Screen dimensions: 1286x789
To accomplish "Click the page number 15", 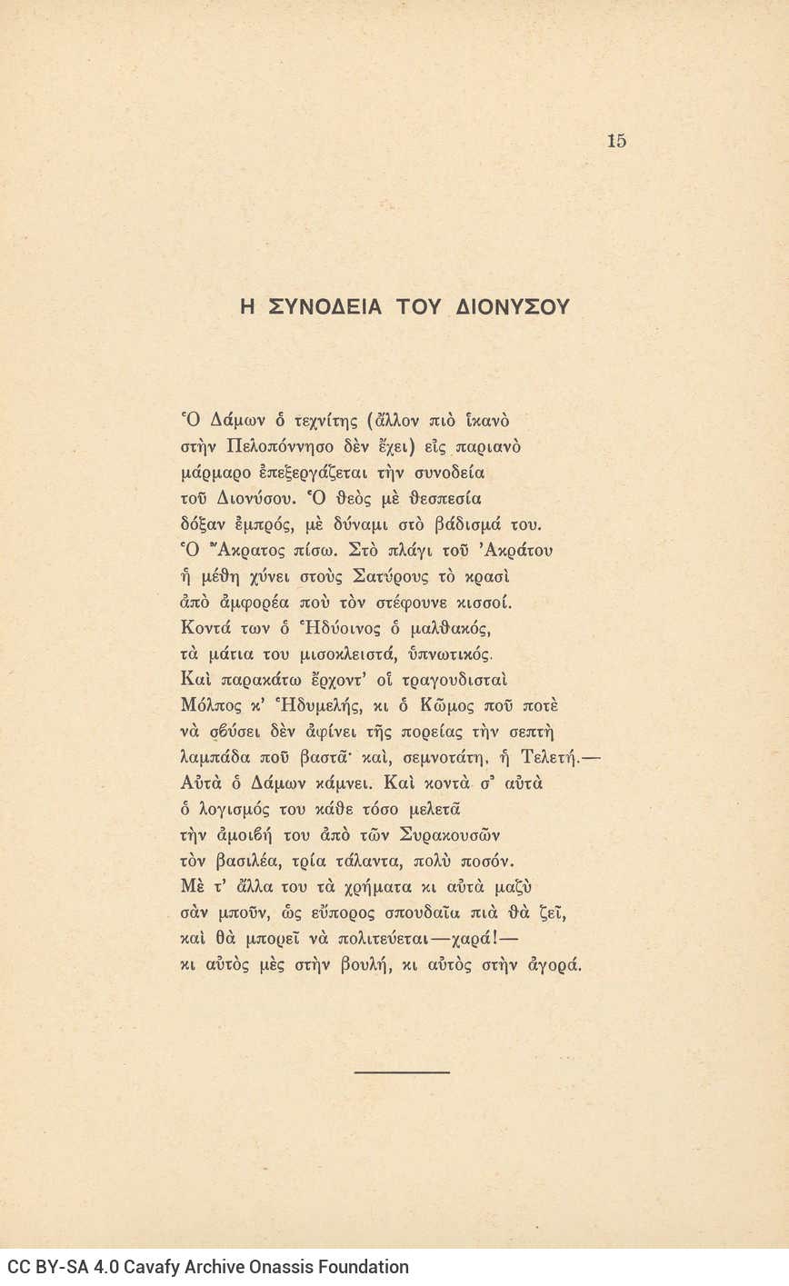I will coord(616,141).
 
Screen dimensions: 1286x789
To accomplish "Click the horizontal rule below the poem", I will coord(402,1072).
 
